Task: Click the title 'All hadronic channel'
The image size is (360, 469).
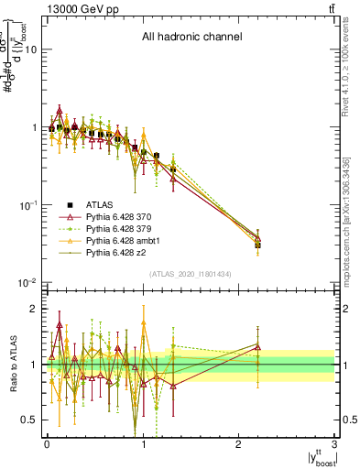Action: [191, 38]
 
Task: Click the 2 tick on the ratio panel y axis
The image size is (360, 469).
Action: [34, 309]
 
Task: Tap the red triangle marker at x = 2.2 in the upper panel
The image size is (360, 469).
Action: [258, 238]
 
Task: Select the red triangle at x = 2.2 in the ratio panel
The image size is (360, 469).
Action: [258, 347]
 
